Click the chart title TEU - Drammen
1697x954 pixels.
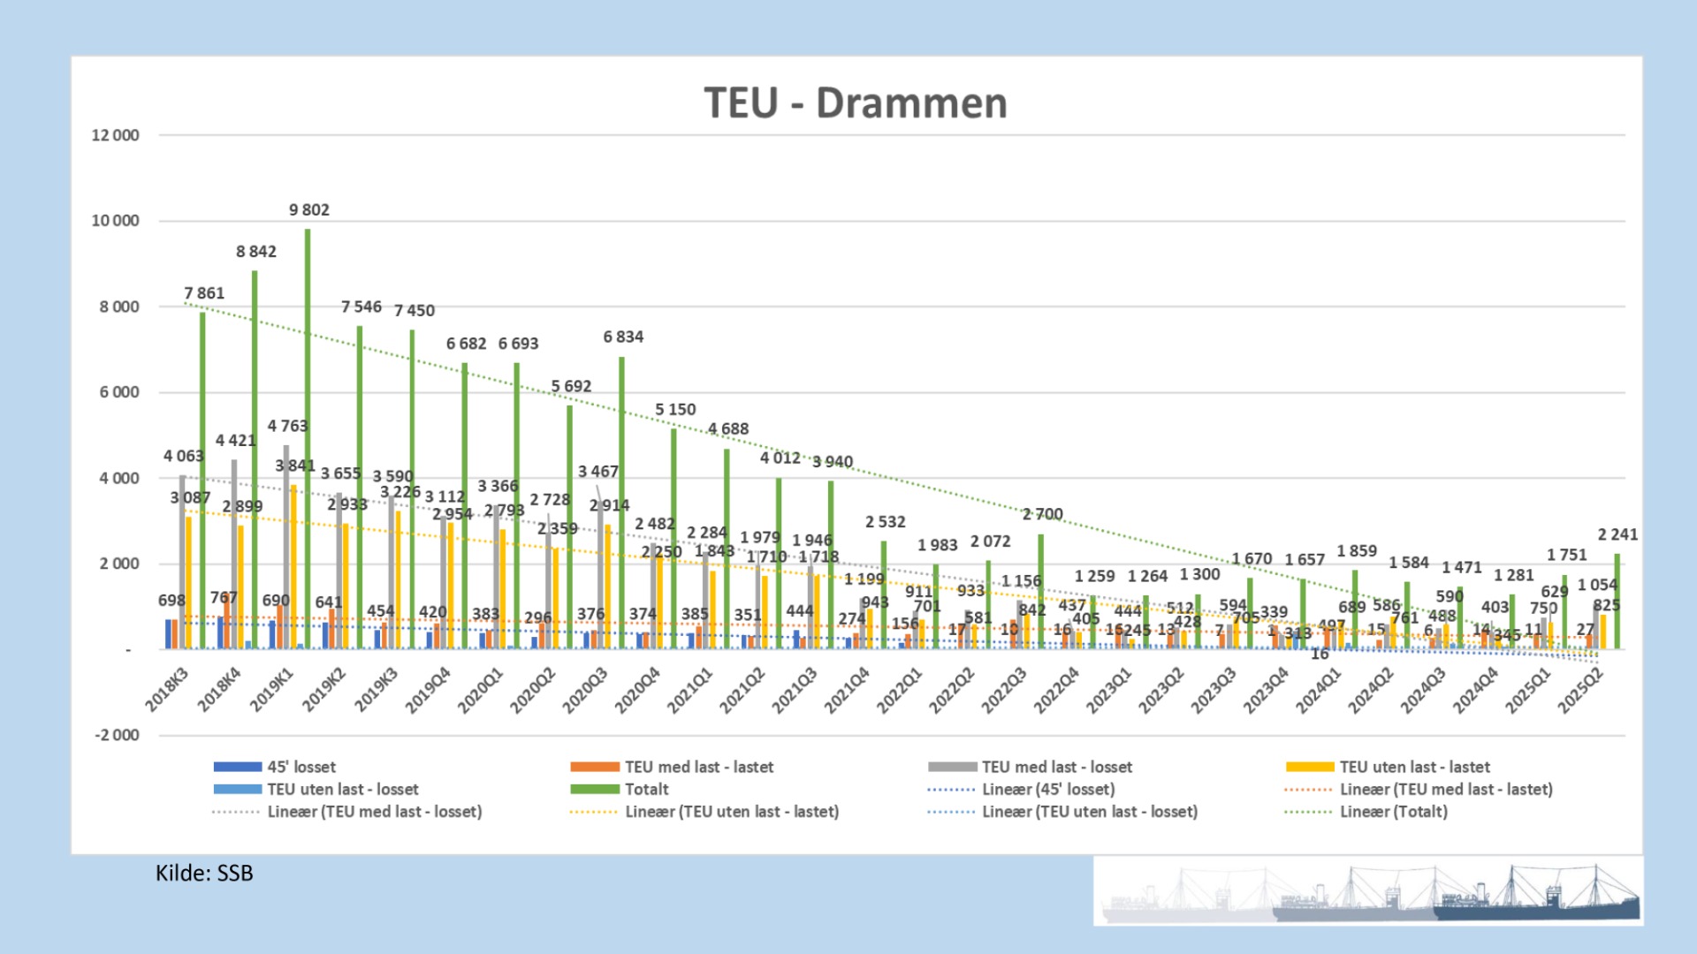[855, 103]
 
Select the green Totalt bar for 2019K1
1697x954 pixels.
[308, 442]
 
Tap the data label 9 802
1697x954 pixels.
[308, 210]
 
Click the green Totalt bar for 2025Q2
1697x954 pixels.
[1617, 602]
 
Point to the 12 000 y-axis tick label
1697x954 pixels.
[115, 135]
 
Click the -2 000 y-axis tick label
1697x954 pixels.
[117, 735]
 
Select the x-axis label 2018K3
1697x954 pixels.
[167, 690]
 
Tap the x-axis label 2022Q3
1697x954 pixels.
[1005, 690]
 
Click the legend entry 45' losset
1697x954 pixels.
[301, 767]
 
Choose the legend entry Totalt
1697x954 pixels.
[646, 789]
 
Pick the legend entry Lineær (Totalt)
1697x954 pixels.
[1393, 811]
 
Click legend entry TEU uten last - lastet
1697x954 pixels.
[1414, 767]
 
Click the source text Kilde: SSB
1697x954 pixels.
[204, 873]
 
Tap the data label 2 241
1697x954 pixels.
[1617, 534]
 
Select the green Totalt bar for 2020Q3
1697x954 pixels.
[622, 503]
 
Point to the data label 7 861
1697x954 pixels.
[204, 293]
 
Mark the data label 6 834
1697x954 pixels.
[623, 337]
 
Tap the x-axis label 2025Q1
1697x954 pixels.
[1528, 690]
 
